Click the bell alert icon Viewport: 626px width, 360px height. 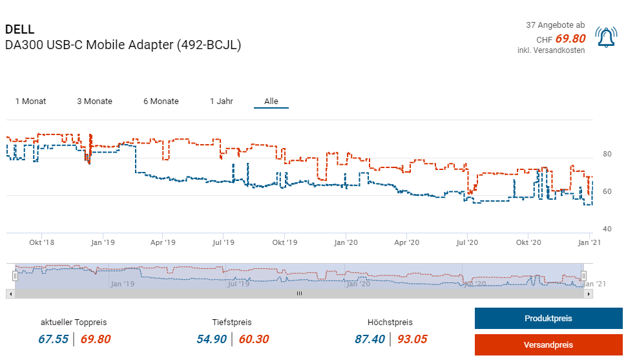606,38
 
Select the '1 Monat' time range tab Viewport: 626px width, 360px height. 30,101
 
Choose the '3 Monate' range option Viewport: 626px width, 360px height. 94,101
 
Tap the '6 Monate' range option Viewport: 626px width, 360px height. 161,101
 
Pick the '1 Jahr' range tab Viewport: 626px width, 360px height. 222,101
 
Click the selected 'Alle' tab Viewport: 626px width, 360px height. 271,101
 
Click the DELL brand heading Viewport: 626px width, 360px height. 19,30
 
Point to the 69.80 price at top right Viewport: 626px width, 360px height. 570,39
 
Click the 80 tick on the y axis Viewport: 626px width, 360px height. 607,154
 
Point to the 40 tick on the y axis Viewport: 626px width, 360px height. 607,229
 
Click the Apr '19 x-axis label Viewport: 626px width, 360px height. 163,243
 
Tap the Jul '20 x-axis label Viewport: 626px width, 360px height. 466,243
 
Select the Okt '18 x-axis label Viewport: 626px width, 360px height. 41,243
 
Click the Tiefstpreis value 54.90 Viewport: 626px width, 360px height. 211,339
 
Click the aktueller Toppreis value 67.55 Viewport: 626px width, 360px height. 53,339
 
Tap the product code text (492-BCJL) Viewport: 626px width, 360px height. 209,46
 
